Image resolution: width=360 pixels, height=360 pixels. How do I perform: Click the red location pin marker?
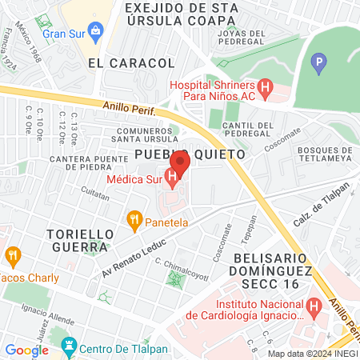coord(178,162)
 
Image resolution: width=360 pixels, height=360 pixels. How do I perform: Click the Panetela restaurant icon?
coord(134,218)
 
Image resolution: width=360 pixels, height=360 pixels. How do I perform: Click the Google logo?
coord(26,350)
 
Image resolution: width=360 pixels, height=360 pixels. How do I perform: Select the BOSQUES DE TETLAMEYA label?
coord(324,154)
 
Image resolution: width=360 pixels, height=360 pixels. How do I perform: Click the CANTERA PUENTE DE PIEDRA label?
coord(70,162)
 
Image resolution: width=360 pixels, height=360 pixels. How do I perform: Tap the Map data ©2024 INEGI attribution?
coord(312,354)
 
